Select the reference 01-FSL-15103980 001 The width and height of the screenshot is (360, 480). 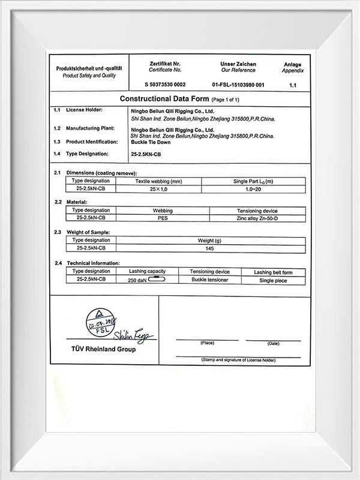point(238,85)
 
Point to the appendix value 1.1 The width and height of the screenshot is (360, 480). point(293,85)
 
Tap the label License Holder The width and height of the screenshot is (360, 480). point(85,111)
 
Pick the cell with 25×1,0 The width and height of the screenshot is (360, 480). point(158,189)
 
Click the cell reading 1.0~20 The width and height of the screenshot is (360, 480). point(253,189)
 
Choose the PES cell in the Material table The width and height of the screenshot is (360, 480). point(163,218)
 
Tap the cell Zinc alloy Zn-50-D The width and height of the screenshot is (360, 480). point(258,218)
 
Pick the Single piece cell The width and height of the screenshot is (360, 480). point(273,280)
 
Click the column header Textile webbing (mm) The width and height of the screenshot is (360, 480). point(158,181)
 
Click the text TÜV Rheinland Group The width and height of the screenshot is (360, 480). point(104,349)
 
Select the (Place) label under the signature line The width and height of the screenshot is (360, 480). point(208,343)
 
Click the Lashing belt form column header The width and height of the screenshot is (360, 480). point(273,272)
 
